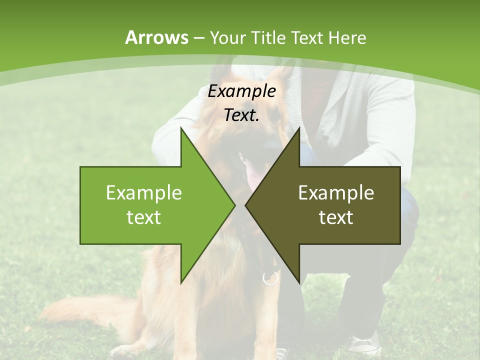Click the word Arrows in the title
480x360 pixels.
point(156,37)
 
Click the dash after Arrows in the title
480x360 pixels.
point(198,38)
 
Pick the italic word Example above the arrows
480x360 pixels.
point(241,91)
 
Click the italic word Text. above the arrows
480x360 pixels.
point(241,115)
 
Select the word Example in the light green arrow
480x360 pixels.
point(144,193)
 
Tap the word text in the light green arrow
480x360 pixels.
point(144,217)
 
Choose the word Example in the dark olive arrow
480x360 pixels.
point(336,193)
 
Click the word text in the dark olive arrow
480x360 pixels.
point(336,217)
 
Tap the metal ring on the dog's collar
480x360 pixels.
point(270,278)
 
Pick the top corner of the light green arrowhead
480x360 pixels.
point(181,128)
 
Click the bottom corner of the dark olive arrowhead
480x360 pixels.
point(299,283)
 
